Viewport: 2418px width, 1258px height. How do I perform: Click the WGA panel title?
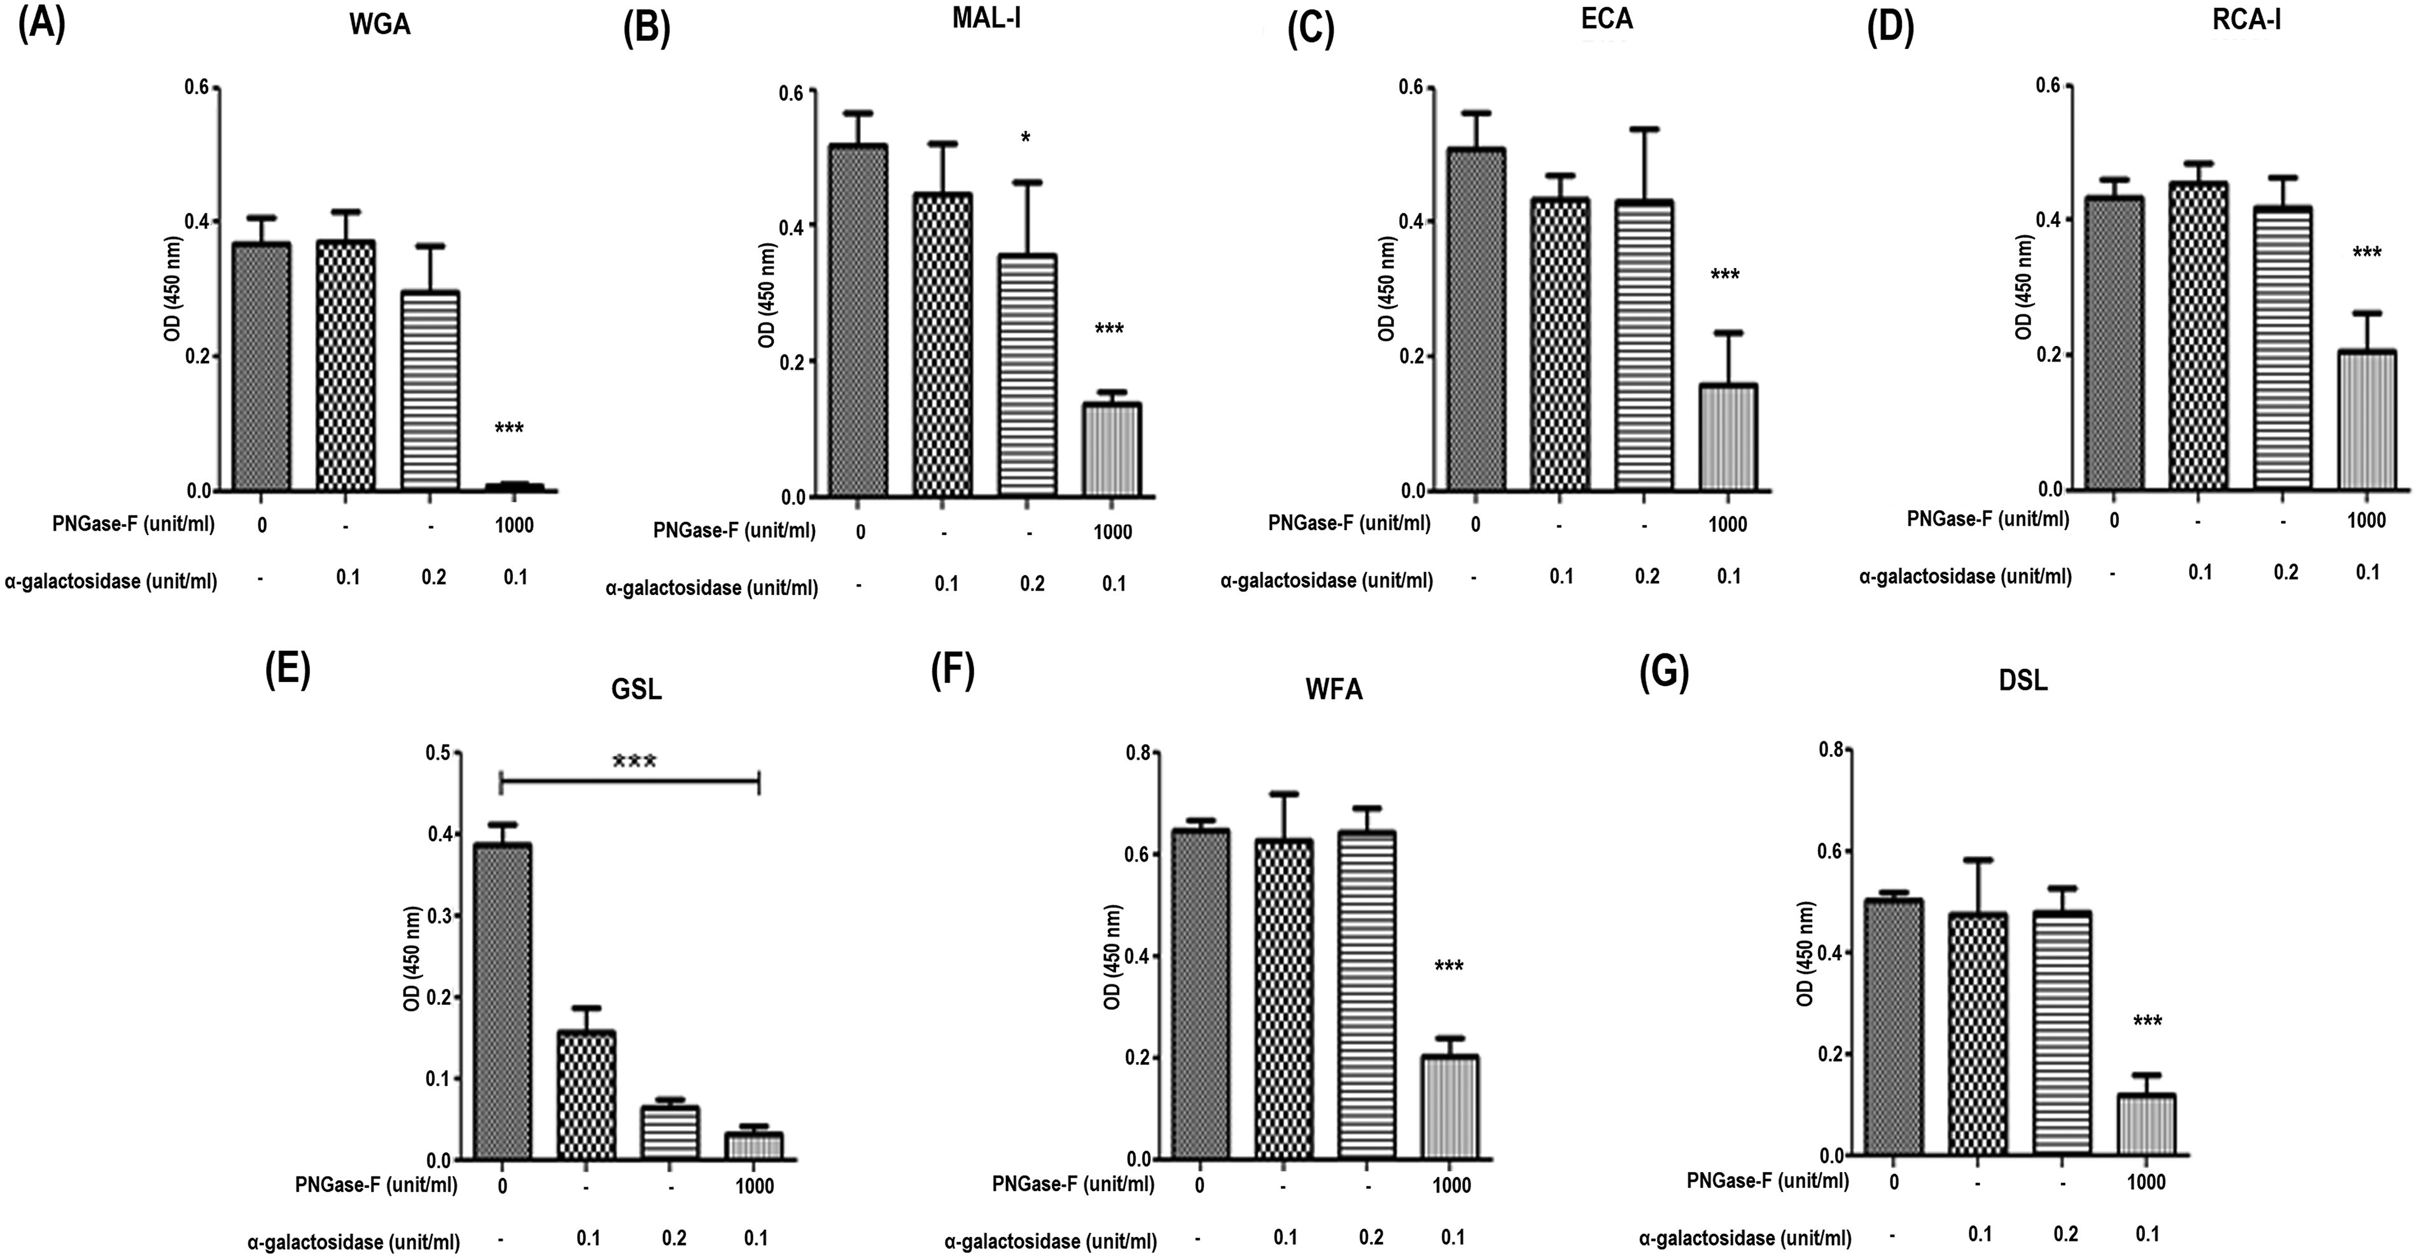(x=379, y=25)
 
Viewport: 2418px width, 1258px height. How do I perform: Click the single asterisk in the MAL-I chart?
(x=1026, y=139)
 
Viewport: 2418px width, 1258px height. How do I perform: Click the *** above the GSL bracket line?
(x=634, y=762)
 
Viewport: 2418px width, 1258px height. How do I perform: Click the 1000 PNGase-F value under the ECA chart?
(x=1728, y=524)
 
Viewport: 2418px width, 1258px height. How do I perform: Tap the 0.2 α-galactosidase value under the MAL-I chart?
(x=1031, y=584)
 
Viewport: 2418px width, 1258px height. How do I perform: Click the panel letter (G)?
(x=1663, y=674)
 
